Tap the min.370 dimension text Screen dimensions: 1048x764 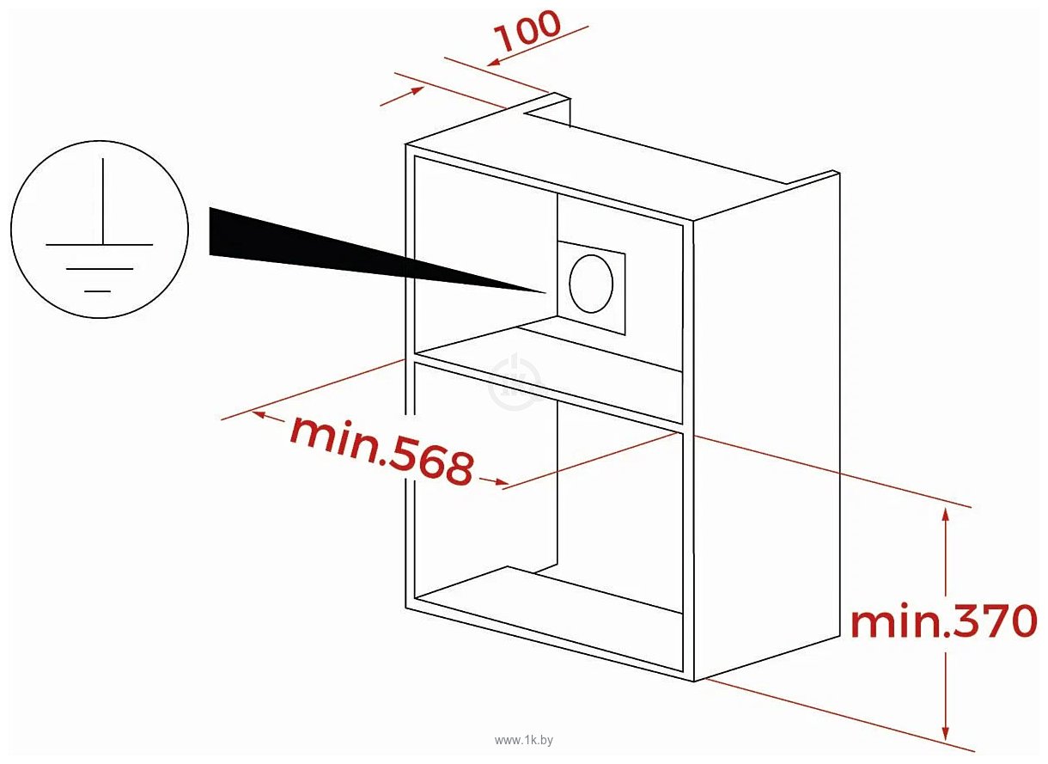click(944, 620)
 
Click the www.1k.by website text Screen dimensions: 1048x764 click(524, 740)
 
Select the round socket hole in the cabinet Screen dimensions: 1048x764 click(591, 284)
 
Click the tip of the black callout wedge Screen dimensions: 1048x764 click(545, 292)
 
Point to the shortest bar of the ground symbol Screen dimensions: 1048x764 click(97, 291)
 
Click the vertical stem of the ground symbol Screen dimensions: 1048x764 click(103, 201)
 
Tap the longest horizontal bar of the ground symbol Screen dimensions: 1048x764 click(99, 244)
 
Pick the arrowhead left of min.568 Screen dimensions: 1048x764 click(259, 414)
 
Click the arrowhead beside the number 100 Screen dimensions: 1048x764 click(495, 62)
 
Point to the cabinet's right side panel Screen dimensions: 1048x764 click(766, 426)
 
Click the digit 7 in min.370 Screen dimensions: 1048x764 click(988, 620)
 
